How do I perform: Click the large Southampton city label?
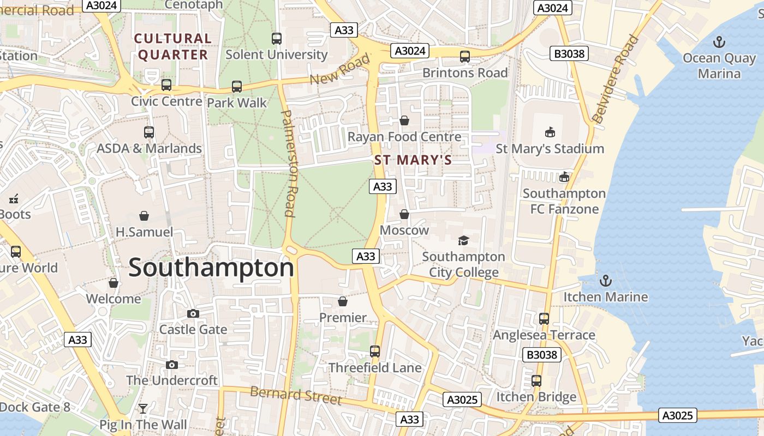click(211, 268)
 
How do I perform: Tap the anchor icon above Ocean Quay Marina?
click(719, 42)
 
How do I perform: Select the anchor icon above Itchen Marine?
click(605, 281)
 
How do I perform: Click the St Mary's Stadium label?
click(550, 148)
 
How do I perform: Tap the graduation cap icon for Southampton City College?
click(463, 240)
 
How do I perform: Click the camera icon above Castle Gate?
click(193, 313)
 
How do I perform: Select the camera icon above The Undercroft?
click(172, 365)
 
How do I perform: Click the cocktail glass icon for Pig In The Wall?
click(143, 409)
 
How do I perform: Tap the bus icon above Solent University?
click(277, 39)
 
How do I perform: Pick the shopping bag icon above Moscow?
click(404, 214)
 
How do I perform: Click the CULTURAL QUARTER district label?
click(173, 46)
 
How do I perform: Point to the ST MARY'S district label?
click(413, 160)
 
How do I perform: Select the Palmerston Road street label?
click(288, 162)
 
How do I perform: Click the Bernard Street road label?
click(296, 395)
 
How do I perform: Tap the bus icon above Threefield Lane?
click(374, 352)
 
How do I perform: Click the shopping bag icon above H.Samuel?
click(144, 216)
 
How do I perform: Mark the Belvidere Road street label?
click(615, 79)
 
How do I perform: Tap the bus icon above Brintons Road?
click(465, 57)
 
